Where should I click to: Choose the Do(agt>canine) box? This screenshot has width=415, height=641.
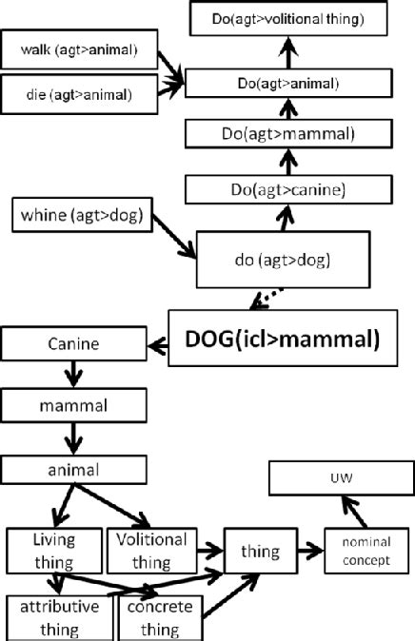287,190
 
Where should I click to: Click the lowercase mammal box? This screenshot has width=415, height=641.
73,407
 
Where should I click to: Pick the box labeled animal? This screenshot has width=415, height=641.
73,469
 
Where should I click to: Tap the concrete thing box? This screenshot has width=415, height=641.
158,616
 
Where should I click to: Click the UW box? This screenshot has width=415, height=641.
335,478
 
